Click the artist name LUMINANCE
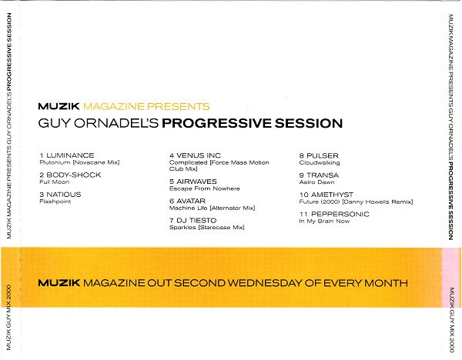tap(70, 155)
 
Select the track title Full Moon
tap(55, 182)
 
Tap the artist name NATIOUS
tap(64, 195)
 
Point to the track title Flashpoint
tap(55, 202)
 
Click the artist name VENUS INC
tap(199, 155)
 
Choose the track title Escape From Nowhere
tap(205, 188)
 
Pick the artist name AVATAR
tap(191, 201)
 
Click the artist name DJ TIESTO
tap(196, 221)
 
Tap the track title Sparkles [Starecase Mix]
tap(207, 228)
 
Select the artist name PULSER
tap(323, 155)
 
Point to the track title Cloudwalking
tap(320, 163)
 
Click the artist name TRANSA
tap(323, 175)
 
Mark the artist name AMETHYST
tap(332, 195)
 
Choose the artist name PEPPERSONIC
tap(340, 215)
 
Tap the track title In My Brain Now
tap(324, 222)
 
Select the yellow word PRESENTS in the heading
tap(179, 107)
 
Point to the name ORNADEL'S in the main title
tap(116, 123)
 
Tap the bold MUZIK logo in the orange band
tap(59, 283)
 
